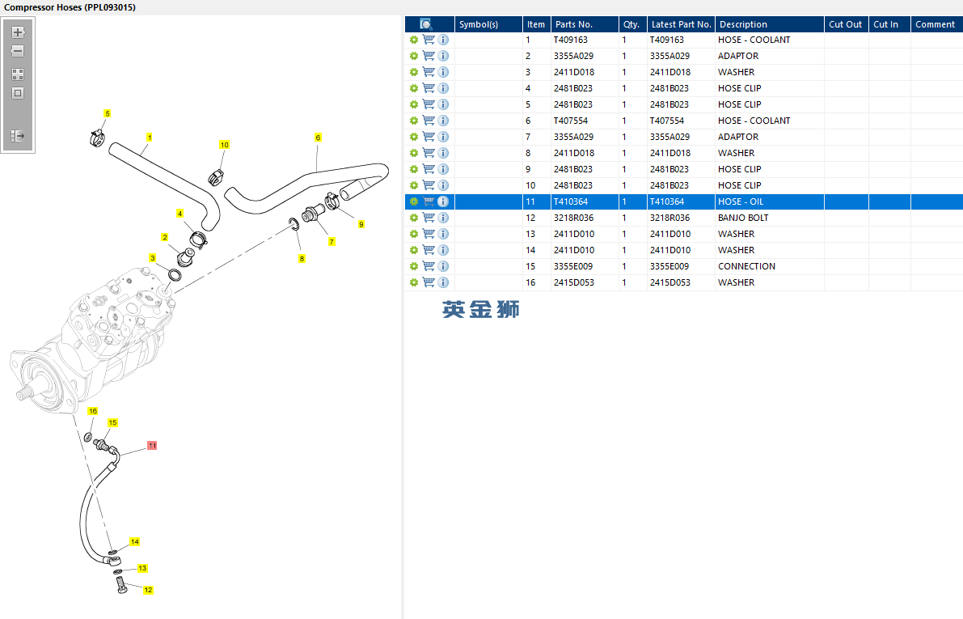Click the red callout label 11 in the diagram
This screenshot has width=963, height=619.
click(152, 445)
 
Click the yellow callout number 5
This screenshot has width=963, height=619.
click(108, 114)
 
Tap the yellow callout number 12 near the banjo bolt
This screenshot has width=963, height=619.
click(148, 590)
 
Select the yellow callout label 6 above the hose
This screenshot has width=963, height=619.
click(318, 137)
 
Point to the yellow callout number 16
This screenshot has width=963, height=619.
click(93, 411)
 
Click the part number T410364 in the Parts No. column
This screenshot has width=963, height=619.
click(571, 201)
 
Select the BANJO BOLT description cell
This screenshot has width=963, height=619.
click(743, 218)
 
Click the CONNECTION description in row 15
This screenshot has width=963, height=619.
click(746, 266)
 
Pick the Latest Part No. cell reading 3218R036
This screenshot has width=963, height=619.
click(669, 218)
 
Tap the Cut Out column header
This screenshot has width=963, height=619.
click(845, 24)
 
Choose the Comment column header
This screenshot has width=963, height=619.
click(935, 24)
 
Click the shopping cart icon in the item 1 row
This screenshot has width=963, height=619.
click(429, 40)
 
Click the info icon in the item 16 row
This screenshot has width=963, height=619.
click(443, 282)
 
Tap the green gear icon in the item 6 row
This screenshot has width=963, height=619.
click(414, 121)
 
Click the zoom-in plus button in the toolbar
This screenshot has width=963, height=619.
click(18, 32)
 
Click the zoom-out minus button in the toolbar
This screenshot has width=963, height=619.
click(18, 51)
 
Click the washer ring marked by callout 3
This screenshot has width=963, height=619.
click(175, 275)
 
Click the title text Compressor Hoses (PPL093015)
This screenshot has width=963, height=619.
click(70, 7)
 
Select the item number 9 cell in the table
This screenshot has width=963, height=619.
click(528, 169)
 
